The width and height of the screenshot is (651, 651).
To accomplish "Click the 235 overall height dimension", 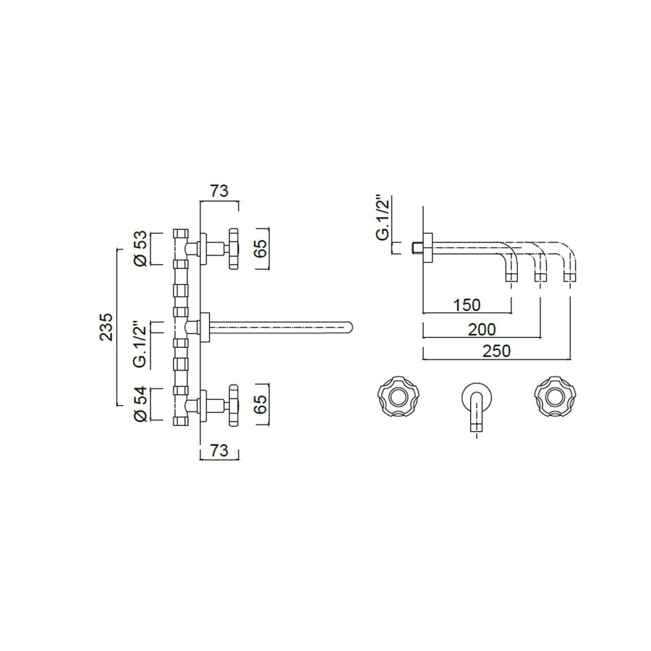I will click(x=106, y=326).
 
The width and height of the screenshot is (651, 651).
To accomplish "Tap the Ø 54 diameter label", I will click(x=142, y=405).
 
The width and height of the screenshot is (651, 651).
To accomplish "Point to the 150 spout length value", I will click(x=466, y=305).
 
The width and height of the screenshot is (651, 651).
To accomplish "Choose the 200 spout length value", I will click(x=481, y=329).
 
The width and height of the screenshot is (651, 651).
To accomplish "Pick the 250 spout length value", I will click(x=497, y=351).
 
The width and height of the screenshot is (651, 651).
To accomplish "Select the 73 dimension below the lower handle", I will click(x=219, y=451).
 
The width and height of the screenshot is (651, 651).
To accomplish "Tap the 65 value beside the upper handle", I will click(x=262, y=249).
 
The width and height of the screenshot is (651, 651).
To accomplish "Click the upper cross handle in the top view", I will click(x=233, y=249).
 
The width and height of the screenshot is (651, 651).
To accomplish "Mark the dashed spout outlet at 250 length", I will click(x=571, y=276).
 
